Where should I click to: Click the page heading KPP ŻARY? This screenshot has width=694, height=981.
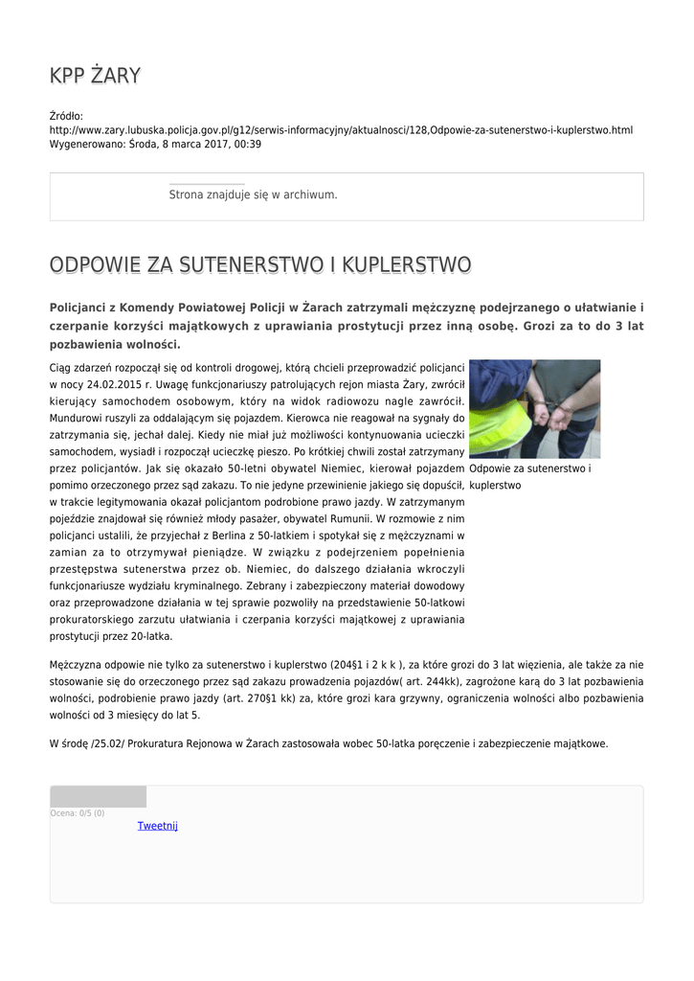95,75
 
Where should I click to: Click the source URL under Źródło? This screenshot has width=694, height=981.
341,129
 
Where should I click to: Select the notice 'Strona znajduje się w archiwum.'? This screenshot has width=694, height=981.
253,194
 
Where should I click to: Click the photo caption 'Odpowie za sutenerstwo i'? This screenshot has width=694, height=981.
529,468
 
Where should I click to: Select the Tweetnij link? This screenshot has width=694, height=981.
157,826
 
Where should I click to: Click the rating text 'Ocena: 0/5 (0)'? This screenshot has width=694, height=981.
78,813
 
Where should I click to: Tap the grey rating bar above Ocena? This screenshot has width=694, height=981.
98,796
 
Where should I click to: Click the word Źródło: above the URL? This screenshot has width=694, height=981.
66,116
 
